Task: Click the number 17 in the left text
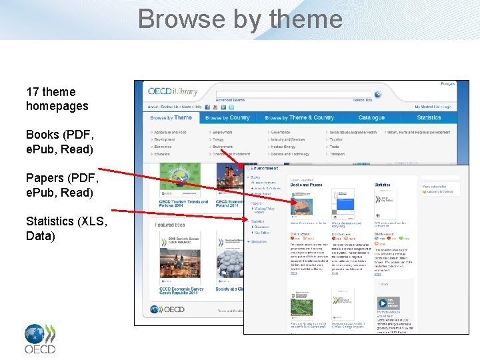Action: (33, 92)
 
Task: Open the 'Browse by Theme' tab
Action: (171, 118)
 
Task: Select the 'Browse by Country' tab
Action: (227, 118)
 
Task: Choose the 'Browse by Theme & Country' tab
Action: (299, 118)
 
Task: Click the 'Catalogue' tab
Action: (371, 118)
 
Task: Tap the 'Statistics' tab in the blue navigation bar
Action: (429, 118)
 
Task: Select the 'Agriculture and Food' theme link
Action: (171, 133)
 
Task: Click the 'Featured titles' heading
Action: (170, 225)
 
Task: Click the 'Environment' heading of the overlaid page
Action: (265, 169)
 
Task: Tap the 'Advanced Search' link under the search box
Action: (230, 100)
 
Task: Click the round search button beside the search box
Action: (378, 95)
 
